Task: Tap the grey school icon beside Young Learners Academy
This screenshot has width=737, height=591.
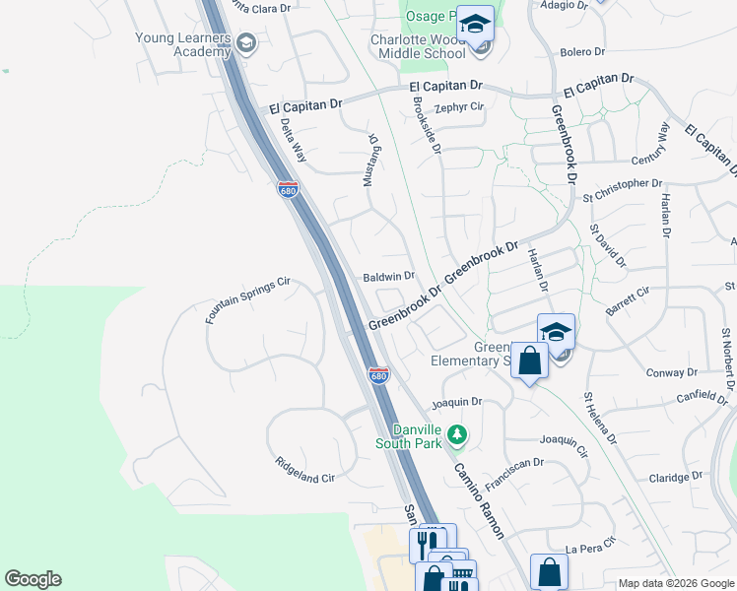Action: click(x=245, y=42)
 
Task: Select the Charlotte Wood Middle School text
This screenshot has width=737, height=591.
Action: click(x=418, y=46)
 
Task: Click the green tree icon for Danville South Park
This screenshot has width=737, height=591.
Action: click(x=456, y=433)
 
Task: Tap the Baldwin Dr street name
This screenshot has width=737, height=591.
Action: click(x=389, y=278)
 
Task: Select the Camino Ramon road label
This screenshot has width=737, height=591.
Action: click(x=479, y=500)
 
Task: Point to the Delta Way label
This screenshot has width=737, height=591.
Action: click(x=294, y=140)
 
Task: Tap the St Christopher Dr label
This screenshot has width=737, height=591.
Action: click(x=622, y=183)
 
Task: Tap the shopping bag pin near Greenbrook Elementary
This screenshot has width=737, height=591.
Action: click(x=529, y=361)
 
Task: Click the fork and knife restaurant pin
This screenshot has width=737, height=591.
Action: click(x=427, y=542)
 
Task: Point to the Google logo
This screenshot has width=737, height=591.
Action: click(x=33, y=579)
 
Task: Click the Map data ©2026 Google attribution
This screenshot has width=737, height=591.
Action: click(x=676, y=583)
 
